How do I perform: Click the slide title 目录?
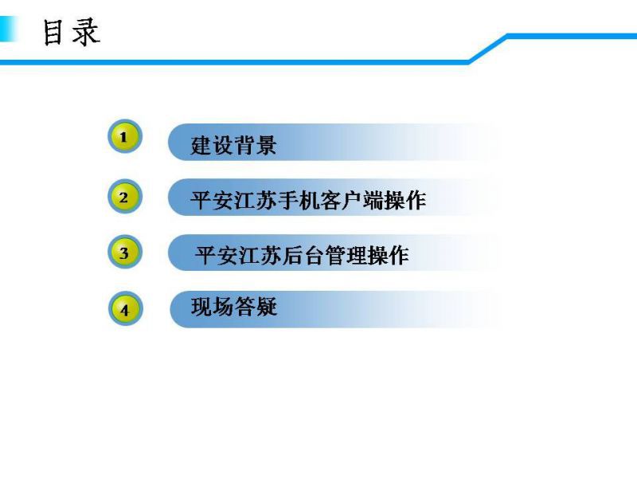[72, 32]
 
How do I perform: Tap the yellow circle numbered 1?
[125, 136]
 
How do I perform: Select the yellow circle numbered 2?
[125, 197]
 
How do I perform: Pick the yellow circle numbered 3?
[125, 252]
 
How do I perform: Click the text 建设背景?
[233, 145]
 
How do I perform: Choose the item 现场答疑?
[234, 307]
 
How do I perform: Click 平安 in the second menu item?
[212, 200]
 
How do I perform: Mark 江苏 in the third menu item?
[260, 255]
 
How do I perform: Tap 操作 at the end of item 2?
[404, 200]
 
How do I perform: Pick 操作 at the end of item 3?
[388, 255]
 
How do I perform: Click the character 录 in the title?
[86, 32]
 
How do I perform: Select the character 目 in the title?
[53, 33]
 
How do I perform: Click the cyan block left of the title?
[8, 29]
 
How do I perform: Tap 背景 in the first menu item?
[256, 145]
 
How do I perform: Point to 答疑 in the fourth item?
[256, 307]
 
